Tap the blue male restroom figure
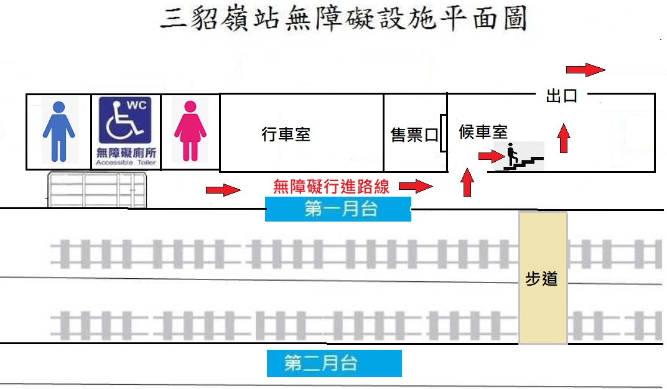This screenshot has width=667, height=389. click(x=58, y=131)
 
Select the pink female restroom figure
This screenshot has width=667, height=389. click(x=190, y=131)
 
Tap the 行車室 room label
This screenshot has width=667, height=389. click(x=286, y=134)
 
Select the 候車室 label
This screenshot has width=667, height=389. click(x=483, y=132)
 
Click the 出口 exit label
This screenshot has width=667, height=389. click(x=562, y=96)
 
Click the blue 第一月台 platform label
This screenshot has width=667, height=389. click(x=338, y=209)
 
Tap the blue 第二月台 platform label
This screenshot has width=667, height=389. click(x=334, y=363)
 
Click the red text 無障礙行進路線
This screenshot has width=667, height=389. click(x=331, y=185)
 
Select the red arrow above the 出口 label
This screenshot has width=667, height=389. click(x=585, y=69)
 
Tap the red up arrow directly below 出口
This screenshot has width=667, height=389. click(x=564, y=138)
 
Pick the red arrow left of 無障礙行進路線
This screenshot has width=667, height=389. click(x=223, y=189)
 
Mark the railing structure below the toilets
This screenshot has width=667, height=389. click(x=97, y=190)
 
